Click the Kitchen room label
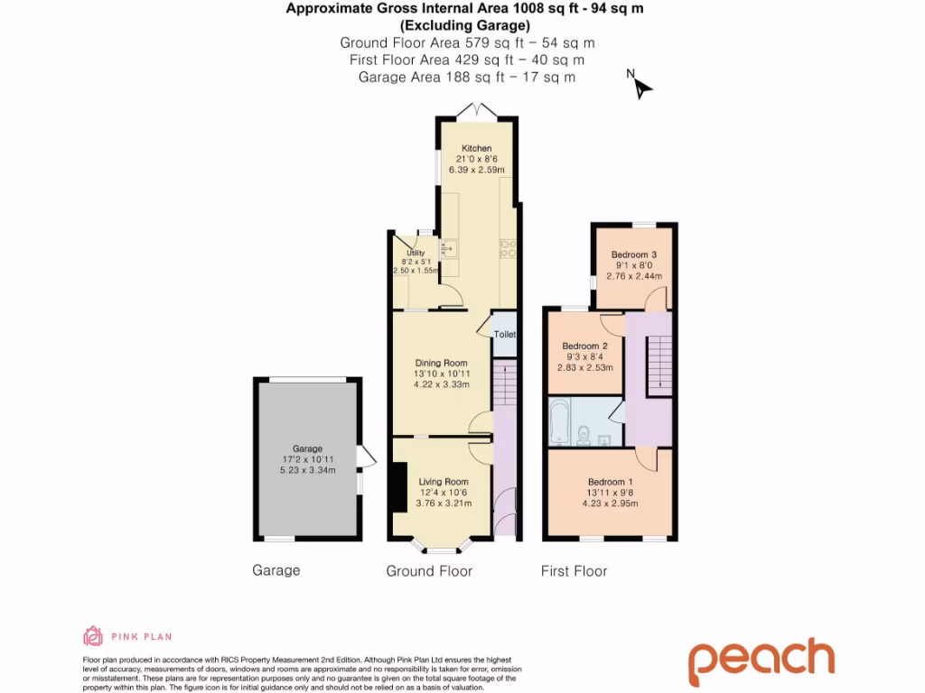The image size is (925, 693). pyautogui.click(x=476, y=148)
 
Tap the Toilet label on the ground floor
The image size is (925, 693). pyautogui.click(x=504, y=335)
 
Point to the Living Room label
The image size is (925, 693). pyautogui.click(x=444, y=482)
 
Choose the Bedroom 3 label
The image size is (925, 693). pyautogui.click(x=633, y=254)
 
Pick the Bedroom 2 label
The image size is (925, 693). pyautogui.click(x=584, y=346)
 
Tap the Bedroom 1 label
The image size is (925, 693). pyautogui.click(x=610, y=483)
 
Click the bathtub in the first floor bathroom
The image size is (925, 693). pyautogui.click(x=559, y=423)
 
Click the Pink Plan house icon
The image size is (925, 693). pyautogui.click(x=92, y=636)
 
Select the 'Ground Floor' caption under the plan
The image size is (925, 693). pyautogui.click(x=429, y=571)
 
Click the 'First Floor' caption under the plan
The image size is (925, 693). pyautogui.click(x=574, y=571)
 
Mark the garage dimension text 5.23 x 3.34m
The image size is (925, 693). pyautogui.click(x=307, y=470)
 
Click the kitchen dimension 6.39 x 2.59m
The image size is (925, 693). pyautogui.click(x=476, y=170)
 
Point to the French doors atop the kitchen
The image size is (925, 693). pyautogui.click(x=476, y=111)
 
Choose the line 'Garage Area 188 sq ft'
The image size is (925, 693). pyautogui.click(x=466, y=78)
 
